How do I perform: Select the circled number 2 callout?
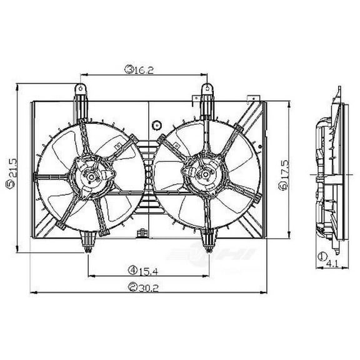pyautogui.click(x=132, y=288)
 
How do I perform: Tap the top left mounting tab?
pyautogui.click(x=81, y=91)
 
